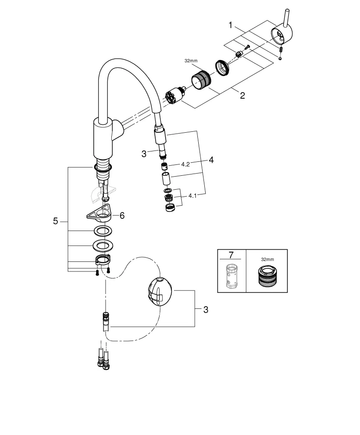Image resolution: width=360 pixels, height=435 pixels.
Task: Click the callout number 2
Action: pos(242,95)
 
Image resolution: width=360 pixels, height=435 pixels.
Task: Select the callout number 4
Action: pos(211,160)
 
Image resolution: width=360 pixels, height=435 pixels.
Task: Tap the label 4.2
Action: pos(185,165)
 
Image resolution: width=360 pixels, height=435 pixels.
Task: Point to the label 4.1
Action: pos(192,196)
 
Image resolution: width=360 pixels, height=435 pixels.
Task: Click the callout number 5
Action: pos(55,221)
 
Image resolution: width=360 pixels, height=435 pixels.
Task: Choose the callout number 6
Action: pos(122,215)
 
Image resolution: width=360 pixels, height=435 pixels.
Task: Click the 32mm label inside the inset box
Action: pos(267,259)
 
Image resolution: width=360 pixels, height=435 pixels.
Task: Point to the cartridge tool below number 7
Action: pos(231,276)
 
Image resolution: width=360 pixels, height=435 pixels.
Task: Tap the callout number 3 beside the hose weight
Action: pos(206,310)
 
